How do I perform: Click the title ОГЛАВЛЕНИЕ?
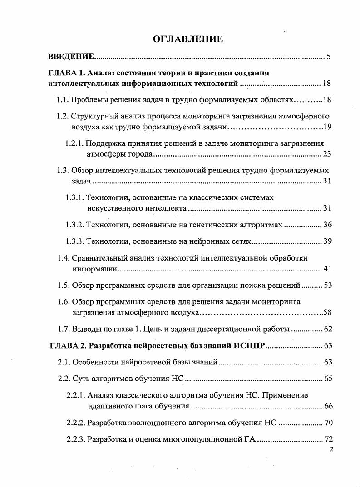(x=187, y=39)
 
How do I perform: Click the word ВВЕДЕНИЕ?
(x=71, y=57)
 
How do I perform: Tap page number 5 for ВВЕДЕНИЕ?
(x=328, y=57)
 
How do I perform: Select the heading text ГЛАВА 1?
(x=66, y=73)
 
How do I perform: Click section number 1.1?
(x=63, y=99)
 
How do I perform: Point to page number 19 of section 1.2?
(x=327, y=126)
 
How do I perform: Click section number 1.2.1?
(x=75, y=143)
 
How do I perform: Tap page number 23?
(x=327, y=154)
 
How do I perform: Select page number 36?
(x=327, y=225)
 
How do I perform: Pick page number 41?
(x=327, y=269)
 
